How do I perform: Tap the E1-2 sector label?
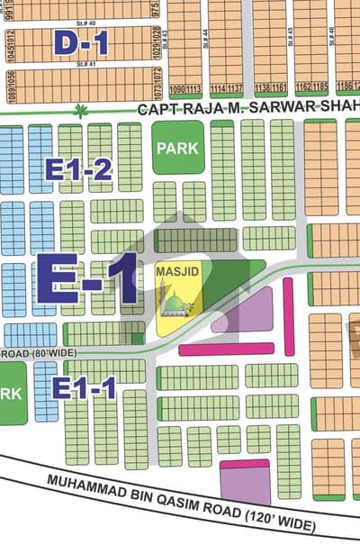point(79,168)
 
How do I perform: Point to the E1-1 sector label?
point(84,389)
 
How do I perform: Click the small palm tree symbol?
point(82,112)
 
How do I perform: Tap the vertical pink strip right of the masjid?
point(288,304)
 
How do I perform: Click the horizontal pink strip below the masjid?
point(226,349)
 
